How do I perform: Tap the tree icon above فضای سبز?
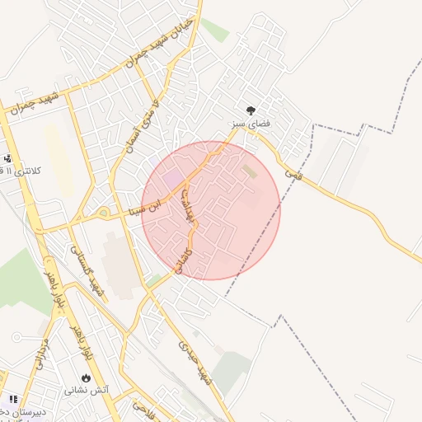coord(251,110)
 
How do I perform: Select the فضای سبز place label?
coord(251,124)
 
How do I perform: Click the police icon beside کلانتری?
coord(7,158)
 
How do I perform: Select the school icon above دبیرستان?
coord(12,399)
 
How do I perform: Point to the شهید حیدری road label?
coord(195,363)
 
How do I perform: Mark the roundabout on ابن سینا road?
coord(105,213)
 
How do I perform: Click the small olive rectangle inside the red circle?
coord(249,171)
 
